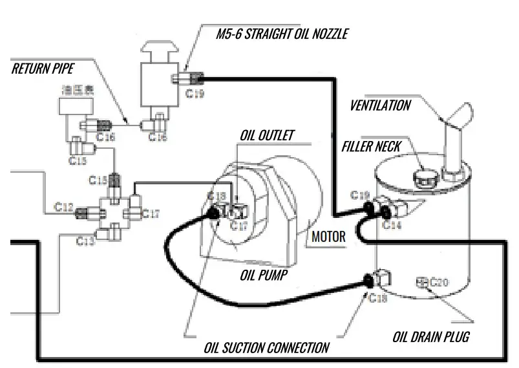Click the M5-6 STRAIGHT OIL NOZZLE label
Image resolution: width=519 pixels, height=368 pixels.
point(281,34)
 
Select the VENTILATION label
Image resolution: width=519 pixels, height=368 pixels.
point(380,105)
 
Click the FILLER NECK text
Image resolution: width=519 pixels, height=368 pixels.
point(372,147)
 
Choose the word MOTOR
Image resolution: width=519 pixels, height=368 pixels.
point(328,236)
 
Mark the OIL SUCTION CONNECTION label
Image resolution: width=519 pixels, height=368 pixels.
point(266,347)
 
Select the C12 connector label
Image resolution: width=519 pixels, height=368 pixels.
point(63,207)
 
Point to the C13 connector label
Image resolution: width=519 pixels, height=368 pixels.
point(85,241)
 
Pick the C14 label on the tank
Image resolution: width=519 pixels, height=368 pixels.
point(392,225)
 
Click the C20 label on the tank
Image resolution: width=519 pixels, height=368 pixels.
point(439,282)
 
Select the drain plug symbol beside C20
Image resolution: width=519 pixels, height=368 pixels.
point(423,281)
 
